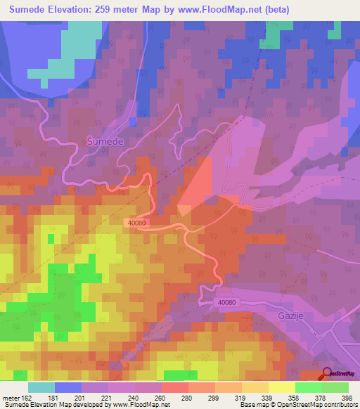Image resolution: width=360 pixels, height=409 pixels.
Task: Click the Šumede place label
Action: (105, 141)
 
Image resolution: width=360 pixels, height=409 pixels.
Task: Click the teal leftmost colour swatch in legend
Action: (41, 387)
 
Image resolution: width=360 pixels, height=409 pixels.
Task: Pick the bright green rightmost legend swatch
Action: (335, 387)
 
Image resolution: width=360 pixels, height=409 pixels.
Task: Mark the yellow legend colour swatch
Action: (282, 387)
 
